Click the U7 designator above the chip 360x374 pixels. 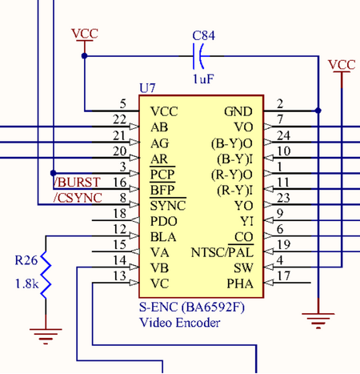click(147, 88)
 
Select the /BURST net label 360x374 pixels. click(77, 183)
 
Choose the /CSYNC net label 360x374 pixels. click(77, 198)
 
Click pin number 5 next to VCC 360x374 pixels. click(122, 103)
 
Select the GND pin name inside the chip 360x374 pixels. click(237, 111)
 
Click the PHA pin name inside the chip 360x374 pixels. click(239, 284)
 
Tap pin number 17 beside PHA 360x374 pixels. click(282, 276)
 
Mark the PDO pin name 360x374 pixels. click(164, 221)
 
